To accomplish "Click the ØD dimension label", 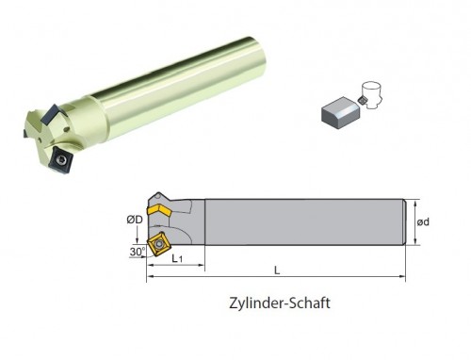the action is coord(135,220).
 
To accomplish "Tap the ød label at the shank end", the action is coord(423,222).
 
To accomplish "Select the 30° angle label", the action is coord(138,252).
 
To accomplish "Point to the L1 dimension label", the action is coord(177,258).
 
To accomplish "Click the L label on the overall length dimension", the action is coord(277,270).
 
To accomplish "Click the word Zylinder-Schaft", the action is coord(280,303).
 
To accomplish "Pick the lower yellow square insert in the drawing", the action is coord(158,244).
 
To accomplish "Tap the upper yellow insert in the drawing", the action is coord(159,209).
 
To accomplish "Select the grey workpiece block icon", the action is coord(341,113).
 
